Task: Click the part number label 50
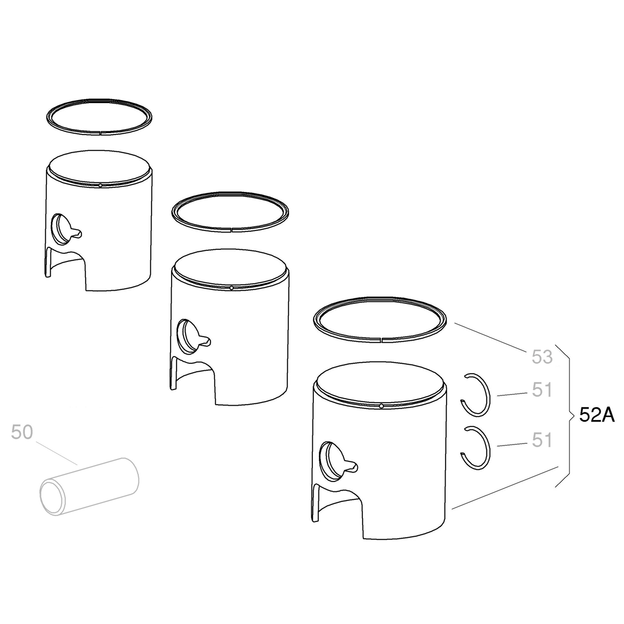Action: click(22, 432)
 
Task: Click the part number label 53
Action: click(542, 357)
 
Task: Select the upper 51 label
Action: click(542, 390)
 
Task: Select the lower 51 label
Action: click(542, 440)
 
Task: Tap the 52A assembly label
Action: click(597, 415)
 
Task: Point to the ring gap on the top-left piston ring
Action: click(100, 132)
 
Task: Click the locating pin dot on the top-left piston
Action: click(100, 185)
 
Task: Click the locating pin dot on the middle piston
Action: click(231, 288)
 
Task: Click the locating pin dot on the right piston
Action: click(381, 406)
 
